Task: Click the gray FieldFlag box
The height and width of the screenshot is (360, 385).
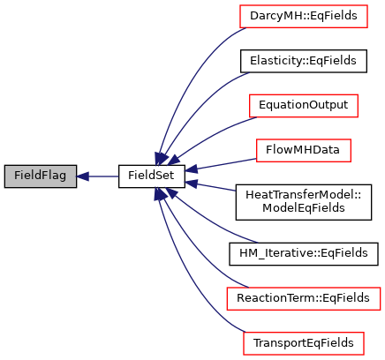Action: [x=41, y=176]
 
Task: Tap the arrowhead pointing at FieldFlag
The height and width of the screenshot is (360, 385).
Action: [x=82, y=176]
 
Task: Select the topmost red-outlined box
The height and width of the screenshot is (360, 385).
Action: [x=303, y=16]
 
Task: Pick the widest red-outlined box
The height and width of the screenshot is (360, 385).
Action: [x=303, y=298]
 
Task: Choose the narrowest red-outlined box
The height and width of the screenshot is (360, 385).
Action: [x=303, y=150]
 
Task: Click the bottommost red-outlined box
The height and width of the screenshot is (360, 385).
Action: [x=303, y=343]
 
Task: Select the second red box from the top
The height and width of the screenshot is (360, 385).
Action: [x=303, y=106]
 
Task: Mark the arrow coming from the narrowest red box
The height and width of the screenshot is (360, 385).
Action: [x=221, y=164]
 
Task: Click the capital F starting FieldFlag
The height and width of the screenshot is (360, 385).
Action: [x=18, y=176]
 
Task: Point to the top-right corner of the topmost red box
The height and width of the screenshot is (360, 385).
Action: [x=366, y=5]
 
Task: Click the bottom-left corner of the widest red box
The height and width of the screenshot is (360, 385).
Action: [x=227, y=309]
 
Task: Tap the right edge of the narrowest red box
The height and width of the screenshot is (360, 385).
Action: [x=351, y=150]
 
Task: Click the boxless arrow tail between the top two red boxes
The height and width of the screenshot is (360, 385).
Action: [x=248, y=73]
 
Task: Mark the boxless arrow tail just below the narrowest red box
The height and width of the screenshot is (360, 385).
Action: [x=234, y=191]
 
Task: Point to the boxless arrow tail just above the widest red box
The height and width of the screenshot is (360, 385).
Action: [x=255, y=242]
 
